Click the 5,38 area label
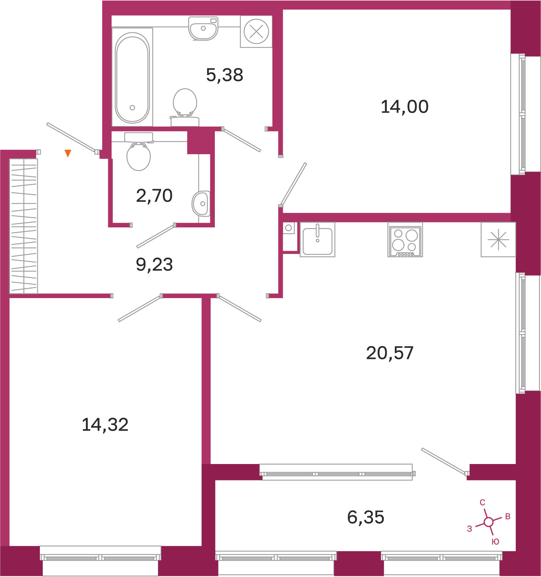point(224,75)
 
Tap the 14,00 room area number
point(404,107)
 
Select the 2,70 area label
point(154,196)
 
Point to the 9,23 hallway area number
point(154,265)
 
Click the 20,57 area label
point(390,353)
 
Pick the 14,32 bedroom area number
point(105,425)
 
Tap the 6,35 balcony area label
point(366,517)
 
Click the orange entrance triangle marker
point(68,153)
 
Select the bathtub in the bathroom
point(132,77)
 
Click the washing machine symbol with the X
point(256,32)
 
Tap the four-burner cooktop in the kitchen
point(405,240)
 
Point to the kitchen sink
point(318,239)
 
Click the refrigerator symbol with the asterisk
point(498,239)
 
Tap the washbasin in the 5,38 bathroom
point(203,28)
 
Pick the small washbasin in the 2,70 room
point(201,204)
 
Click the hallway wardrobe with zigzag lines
point(23,226)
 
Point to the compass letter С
point(482,502)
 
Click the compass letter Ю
point(495,541)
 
